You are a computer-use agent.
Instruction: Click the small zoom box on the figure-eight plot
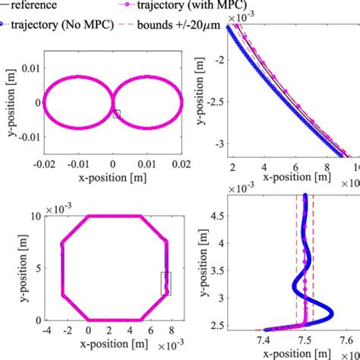click(116, 113)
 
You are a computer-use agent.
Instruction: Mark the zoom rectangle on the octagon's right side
click(166, 283)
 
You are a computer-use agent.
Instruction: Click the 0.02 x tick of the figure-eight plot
click(181, 165)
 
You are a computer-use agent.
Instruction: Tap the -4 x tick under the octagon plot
click(46, 332)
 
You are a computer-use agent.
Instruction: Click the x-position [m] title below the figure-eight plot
click(112, 178)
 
